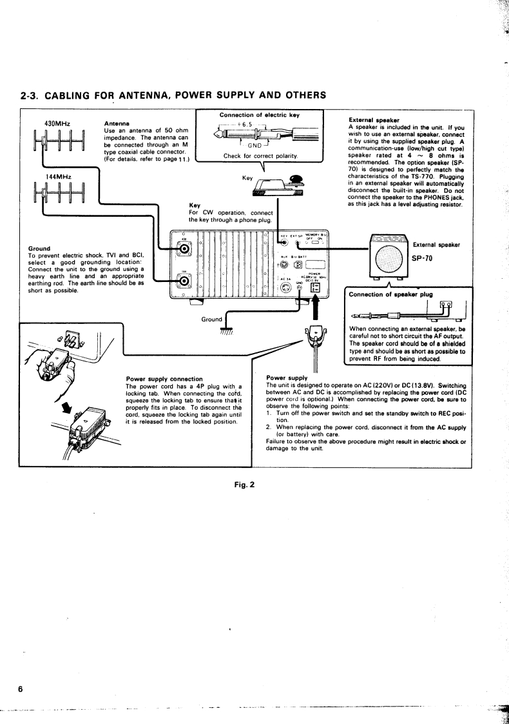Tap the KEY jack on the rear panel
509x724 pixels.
[x=283, y=243]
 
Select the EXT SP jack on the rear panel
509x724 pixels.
[x=298, y=243]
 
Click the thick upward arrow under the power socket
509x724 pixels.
[x=316, y=310]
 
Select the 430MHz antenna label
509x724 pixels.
[x=57, y=123]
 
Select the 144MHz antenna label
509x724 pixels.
[x=57, y=176]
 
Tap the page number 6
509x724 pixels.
[x=22, y=689]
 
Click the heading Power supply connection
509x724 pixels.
[x=164, y=379]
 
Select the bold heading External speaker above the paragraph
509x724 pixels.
[x=374, y=119]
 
